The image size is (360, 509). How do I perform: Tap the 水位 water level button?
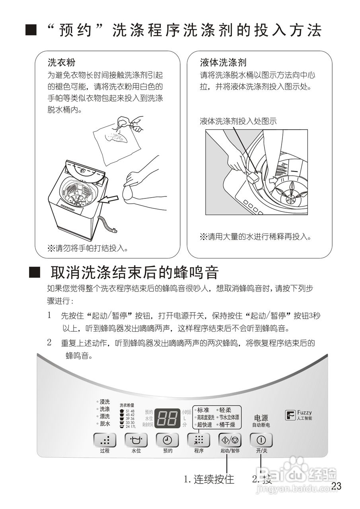[x=136, y=440]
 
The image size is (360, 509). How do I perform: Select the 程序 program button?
[x=198, y=440]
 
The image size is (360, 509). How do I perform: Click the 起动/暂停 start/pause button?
[x=230, y=440]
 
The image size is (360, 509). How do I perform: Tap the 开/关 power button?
[x=261, y=440]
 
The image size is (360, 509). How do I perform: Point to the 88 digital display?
[x=167, y=418]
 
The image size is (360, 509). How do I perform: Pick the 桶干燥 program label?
[x=227, y=425]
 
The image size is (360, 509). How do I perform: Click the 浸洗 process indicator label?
[x=105, y=402]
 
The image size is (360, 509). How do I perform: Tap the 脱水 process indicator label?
[x=105, y=424]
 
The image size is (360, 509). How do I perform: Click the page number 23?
[x=336, y=486]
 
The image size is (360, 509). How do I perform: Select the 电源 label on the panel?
[x=261, y=418]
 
